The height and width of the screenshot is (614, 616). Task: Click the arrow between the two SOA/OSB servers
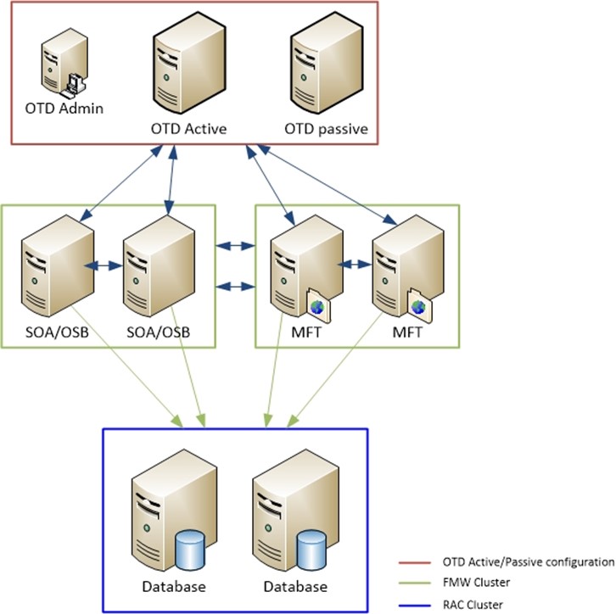coord(106,265)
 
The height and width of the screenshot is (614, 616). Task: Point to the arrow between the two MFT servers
coord(356,265)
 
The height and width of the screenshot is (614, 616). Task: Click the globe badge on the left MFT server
coord(317,307)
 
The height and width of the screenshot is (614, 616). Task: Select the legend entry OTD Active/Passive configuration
coord(527,561)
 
